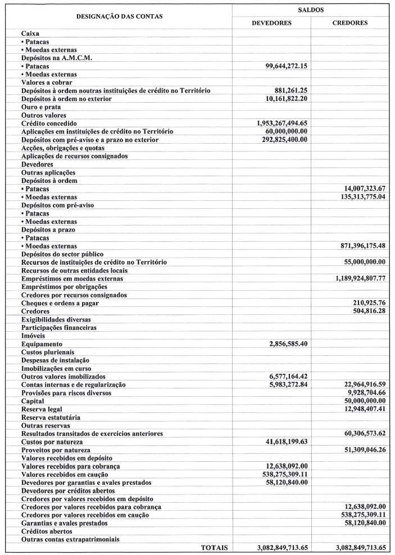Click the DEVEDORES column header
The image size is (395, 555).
click(x=271, y=23)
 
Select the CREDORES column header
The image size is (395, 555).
click(x=350, y=23)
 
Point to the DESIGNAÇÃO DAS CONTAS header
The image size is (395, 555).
click(x=120, y=16)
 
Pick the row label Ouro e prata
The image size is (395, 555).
click(x=40, y=107)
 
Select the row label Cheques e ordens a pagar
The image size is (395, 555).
click(x=60, y=303)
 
